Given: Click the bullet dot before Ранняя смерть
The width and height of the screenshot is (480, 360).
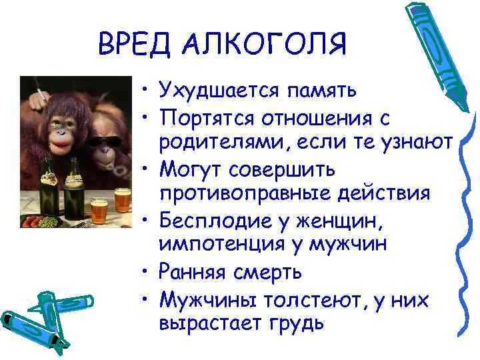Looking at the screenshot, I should pyautogui.click(x=145, y=272).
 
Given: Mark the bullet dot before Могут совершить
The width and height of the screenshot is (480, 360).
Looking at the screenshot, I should pyautogui.click(x=145, y=169).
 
